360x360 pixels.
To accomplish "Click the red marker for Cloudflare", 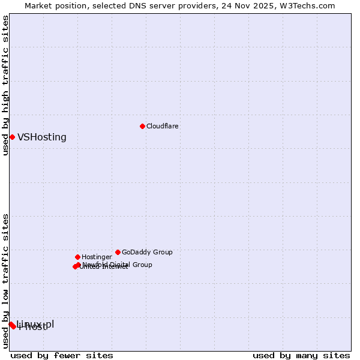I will coord(142,126).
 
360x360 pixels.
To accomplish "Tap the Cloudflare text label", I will coord(163,126).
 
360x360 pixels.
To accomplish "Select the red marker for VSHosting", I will coord(12,137).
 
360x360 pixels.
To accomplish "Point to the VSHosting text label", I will coord(42,137).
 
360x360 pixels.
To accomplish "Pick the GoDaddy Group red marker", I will coord(118,252).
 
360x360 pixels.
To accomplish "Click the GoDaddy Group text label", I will coord(147,252).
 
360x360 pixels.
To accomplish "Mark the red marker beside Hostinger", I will coord(77,257).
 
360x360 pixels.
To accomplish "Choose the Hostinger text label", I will coord(97,257).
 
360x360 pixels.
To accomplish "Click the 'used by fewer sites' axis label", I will coord(62,355).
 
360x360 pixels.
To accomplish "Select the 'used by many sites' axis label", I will coord(301,355).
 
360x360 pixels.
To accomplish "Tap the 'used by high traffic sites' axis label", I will coord(6,86).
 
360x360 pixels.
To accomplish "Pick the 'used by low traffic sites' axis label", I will coord(6,281).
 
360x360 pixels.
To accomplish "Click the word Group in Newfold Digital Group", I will coord(142,265).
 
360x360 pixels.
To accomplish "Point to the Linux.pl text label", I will coord(36,323).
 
